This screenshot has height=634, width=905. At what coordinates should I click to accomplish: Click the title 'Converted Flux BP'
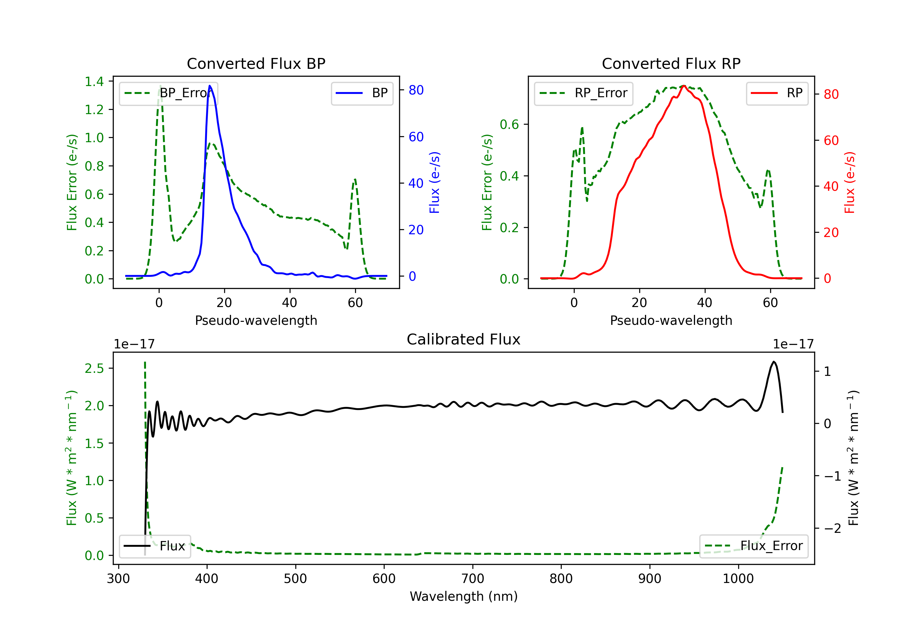(x=256, y=63)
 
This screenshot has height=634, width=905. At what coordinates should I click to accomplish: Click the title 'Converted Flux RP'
(x=671, y=63)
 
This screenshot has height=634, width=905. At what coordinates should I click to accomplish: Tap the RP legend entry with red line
(x=777, y=93)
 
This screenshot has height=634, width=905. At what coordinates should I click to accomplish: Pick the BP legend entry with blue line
(x=362, y=93)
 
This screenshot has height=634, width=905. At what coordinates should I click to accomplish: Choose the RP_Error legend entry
(x=583, y=93)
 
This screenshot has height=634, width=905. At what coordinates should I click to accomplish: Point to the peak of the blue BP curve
(x=210, y=86)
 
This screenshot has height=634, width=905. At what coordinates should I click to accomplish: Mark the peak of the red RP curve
(x=684, y=86)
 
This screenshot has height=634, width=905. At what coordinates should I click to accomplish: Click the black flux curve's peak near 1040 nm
(x=774, y=362)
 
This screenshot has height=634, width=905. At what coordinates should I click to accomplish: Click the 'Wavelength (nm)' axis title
(x=464, y=596)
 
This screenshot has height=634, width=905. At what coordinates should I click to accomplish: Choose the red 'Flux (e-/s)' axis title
(x=849, y=182)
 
